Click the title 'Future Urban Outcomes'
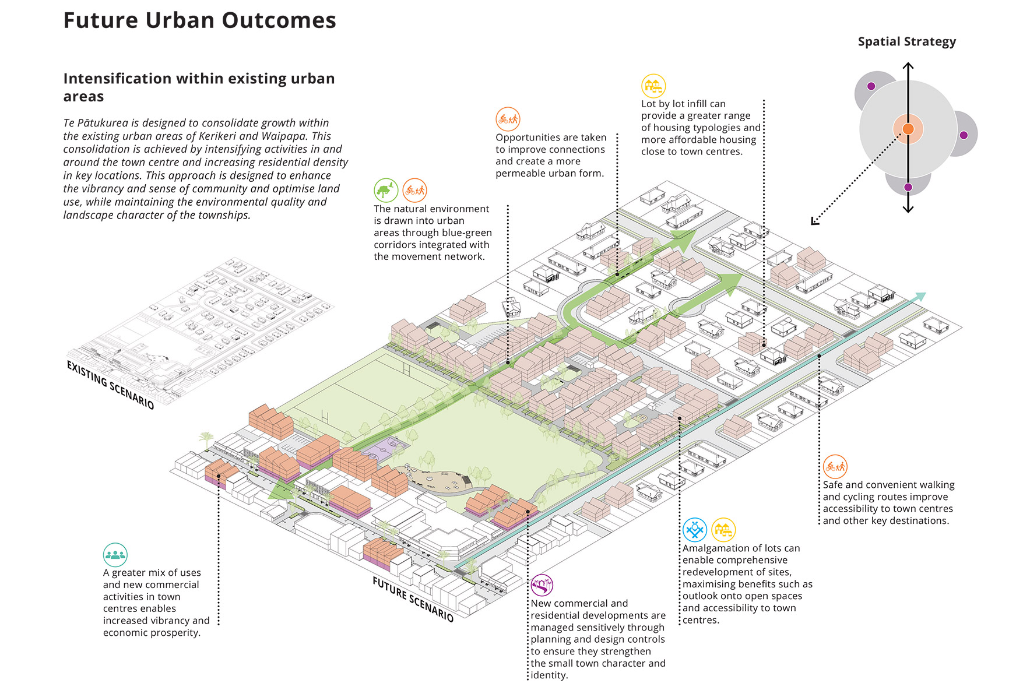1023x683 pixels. (x=199, y=20)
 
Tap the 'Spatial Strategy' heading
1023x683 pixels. (x=906, y=42)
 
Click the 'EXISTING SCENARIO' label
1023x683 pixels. (x=110, y=385)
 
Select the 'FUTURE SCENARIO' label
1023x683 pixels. (x=413, y=599)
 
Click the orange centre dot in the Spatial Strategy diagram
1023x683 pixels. (x=908, y=129)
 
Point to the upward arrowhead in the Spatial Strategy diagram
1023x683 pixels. (x=908, y=66)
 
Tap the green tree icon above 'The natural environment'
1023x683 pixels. (x=385, y=190)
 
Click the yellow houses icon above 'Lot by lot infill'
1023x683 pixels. (x=653, y=86)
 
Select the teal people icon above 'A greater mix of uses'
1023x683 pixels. (x=115, y=555)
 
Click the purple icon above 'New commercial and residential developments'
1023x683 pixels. (x=542, y=585)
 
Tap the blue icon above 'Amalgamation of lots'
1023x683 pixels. (x=694, y=530)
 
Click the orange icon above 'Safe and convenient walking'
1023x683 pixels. (x=835, y=466)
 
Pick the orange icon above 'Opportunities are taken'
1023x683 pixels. (x=508, y=119)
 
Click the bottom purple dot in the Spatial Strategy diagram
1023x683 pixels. (x=908, y=187)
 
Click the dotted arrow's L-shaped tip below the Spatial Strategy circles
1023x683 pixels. (x=815, y=221)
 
